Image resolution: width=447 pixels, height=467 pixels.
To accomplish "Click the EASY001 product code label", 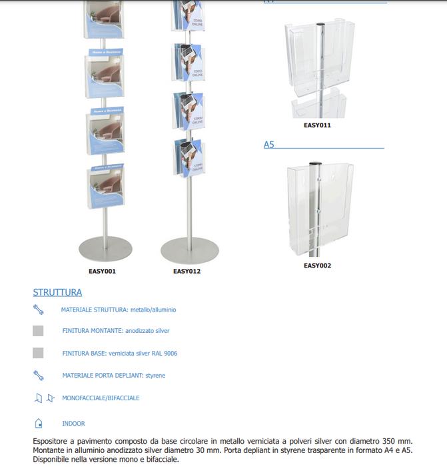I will click(102, 271).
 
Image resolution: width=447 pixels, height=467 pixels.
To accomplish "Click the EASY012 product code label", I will click(187, 271).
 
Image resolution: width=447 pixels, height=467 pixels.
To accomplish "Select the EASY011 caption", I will click(317, 125).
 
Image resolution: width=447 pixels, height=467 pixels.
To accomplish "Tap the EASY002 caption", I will click(317, 266).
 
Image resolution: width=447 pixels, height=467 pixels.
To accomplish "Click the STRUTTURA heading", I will click(57, 292).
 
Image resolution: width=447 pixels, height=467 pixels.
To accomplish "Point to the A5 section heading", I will click(269, 144).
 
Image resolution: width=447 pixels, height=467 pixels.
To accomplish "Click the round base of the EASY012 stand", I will click(189, 250).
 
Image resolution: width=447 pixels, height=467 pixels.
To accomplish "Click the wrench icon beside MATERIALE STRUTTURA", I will click(38, 310).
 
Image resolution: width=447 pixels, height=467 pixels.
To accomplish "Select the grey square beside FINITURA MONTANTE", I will click(38, 330).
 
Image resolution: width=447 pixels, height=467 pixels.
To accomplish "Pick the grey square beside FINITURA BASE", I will click(38, 353).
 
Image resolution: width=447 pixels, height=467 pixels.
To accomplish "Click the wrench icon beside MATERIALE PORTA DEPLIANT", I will click(38, 375).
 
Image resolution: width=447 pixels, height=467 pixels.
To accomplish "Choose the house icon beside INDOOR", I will click(39, 423).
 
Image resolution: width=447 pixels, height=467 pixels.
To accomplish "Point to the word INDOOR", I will click(73, 423).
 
